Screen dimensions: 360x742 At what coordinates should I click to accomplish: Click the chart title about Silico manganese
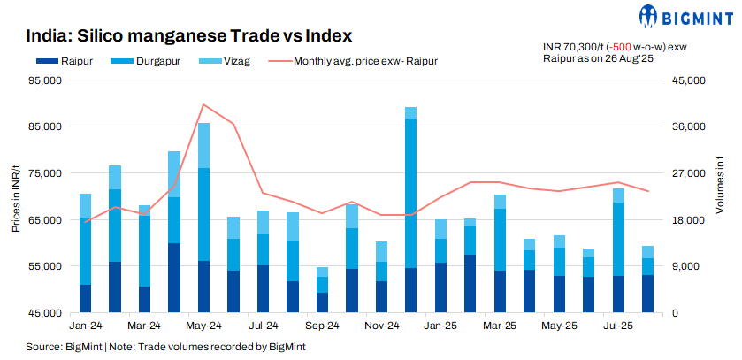tap(189, 36)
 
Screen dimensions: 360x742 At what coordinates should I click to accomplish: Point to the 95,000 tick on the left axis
tap(43, 80)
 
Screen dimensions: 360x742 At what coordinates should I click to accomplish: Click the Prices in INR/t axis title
tap(16, 196)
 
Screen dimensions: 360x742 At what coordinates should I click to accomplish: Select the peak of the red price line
tap(204, 104)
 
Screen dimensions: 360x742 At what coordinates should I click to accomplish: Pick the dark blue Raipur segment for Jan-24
tap(86, 298)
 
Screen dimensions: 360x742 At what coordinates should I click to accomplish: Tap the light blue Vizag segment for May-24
tap(204, 145)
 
